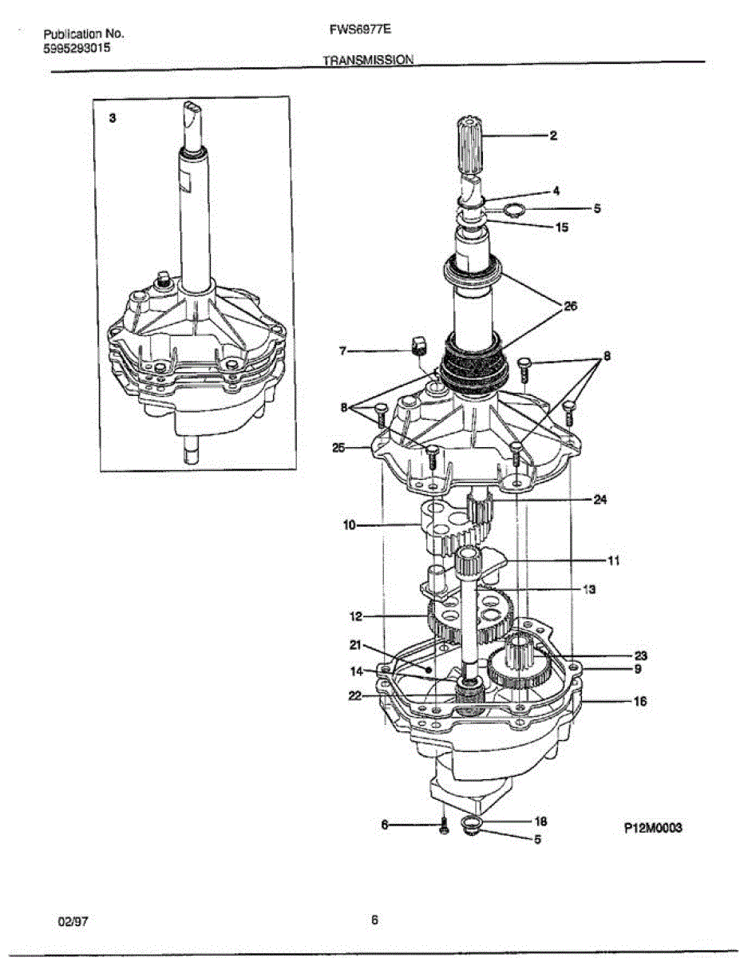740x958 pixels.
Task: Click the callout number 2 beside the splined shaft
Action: tap(552, 136)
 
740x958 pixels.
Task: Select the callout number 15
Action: tap(561, 228)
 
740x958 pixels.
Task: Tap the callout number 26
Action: tap(570, 306)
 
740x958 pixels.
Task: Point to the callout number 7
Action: tap(342, 350)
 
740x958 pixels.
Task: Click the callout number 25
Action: tap(338, 448)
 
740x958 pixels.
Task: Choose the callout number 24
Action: tap(600, 501)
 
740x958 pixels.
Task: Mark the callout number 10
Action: tap(350, 526)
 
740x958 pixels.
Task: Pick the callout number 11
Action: tap(614, 561)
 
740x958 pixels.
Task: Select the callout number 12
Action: tap(356, 616)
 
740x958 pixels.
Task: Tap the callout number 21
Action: tap(357, 645)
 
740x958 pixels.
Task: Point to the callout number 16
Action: tap(640, 702)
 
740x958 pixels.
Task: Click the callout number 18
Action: tap(540, 821)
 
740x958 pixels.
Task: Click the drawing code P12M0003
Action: tap(653, 829)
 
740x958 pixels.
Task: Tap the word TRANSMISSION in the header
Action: tap(368, 60)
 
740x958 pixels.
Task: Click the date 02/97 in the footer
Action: tap(72, 921)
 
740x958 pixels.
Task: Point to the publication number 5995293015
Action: tap(77, 48)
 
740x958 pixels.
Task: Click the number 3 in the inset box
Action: tap(113, 117)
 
